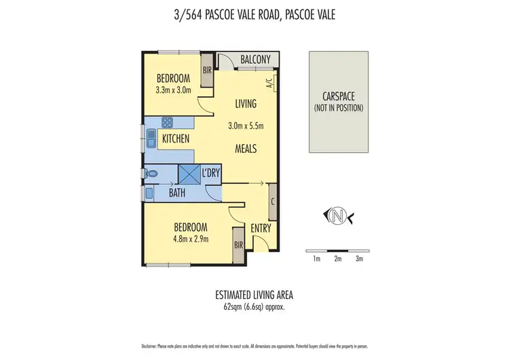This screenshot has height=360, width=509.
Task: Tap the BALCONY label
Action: point(255,60)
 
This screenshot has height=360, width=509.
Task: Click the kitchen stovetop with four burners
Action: point(168,123)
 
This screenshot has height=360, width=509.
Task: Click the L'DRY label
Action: point(211,173)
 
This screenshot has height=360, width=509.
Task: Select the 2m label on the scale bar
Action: point(337,259)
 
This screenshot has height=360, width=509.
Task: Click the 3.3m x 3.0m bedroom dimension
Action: point(173,90)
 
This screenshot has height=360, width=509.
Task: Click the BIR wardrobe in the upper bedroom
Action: point(207,69)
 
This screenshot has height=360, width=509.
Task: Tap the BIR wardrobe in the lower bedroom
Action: point(239,244)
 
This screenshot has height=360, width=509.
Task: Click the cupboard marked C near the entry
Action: point(272,201)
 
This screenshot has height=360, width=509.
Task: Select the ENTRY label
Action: point(261,228)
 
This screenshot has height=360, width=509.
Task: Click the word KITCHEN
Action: point(175,139)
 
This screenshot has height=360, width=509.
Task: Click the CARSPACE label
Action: point(338,96)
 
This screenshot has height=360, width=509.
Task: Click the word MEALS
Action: point(246,148)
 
